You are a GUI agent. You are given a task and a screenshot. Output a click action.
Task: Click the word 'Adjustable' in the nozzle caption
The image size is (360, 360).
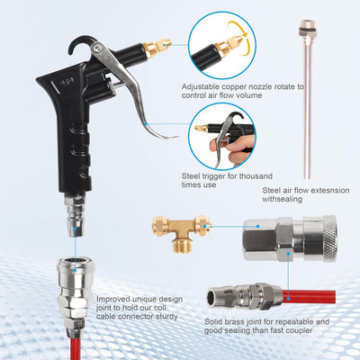pos(202,87)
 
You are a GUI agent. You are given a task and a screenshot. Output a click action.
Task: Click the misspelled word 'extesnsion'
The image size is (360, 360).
pos(326,190)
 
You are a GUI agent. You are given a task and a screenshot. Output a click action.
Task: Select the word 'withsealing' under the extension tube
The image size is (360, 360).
pos(283,199)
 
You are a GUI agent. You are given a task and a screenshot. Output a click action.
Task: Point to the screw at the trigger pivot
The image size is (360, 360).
pos(96,47)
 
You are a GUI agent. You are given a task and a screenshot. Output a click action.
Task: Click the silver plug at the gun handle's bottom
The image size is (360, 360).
pos(75,216)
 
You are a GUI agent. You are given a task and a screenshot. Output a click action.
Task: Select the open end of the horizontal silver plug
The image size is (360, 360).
pos(212,298)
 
